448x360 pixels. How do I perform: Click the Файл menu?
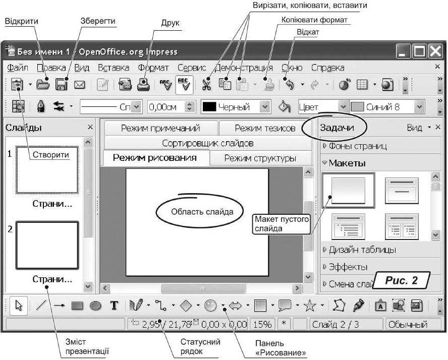[x=18, y=68]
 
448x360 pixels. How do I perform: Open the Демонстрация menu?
[x=244, y=68]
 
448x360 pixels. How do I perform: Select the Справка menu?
[x=327, y=68]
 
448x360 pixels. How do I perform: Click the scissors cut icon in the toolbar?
[x=206, y=85]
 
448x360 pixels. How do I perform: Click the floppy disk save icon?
[x=62, y=85]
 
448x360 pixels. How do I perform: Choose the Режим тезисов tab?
[x=264, y=128]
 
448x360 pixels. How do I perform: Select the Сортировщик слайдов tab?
[x=207, y=143]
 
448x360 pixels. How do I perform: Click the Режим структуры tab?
[x=260, y=158]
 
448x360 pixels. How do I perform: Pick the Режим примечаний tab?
[x=160, y=128]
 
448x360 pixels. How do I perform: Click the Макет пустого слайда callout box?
[x=281, y=224]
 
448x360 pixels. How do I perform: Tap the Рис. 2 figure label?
[x=402, y=280]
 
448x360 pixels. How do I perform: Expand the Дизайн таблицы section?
[x=362, y=250]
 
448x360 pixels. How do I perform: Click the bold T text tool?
[x=115, y=306]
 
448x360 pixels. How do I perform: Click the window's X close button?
[x=435, y=51]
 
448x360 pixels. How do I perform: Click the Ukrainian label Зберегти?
[x=98, y=22]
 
